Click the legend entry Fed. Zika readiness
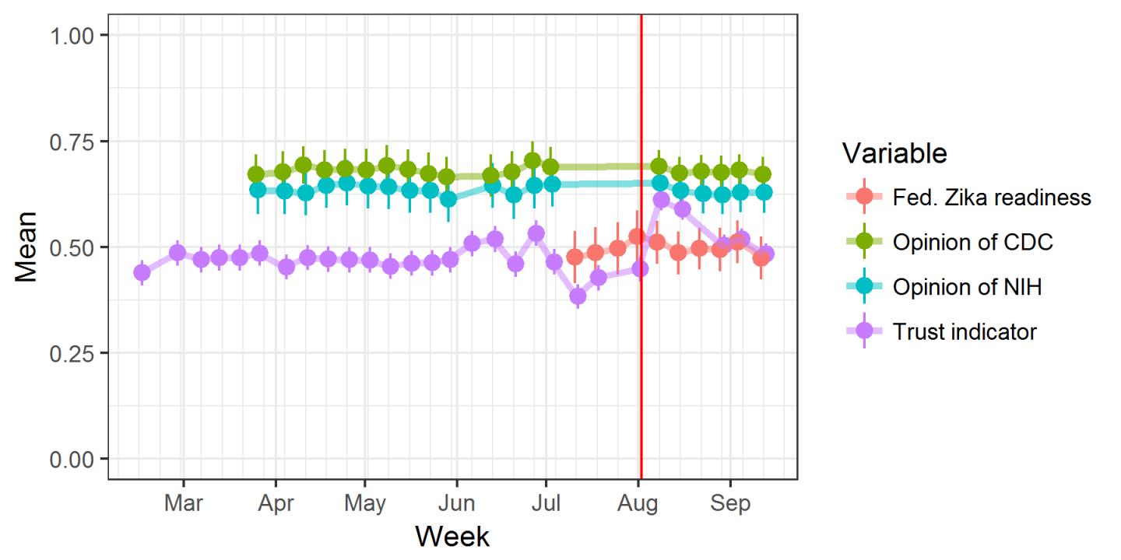tap(991, 198)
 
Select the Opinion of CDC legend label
tap(972, 243)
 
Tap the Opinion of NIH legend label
tap(967, 288)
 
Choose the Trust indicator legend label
tap(965, 332)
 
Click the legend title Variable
tap(894, 153)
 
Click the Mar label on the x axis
tap(184, 503)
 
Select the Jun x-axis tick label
tap(456, 503)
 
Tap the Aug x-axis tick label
tap(638, 503)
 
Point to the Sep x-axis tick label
tap(730, 503)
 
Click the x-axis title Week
tap(452, 537)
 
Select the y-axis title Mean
tap(25, 247)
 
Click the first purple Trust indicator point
tap(142, 272)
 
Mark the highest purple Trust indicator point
tap(662, 200)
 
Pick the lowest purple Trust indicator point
tap(578, 296)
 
